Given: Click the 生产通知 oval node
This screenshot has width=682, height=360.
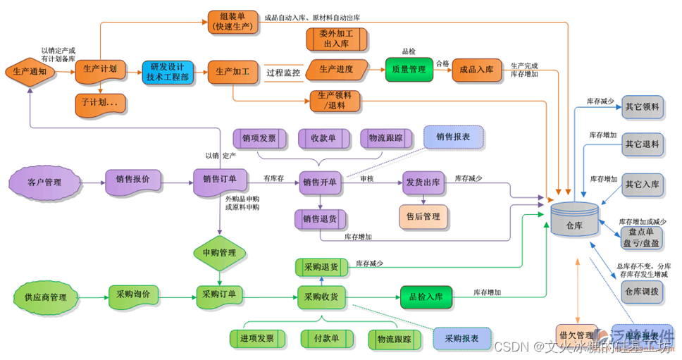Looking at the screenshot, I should coord(30,70).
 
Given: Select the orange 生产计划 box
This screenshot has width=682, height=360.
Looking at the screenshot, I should coord(100,69).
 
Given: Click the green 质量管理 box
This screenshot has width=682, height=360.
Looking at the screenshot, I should coord(409,70).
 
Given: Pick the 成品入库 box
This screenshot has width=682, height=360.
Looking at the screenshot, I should coord(477,70).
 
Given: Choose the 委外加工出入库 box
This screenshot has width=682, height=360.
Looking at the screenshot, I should coord(336,39).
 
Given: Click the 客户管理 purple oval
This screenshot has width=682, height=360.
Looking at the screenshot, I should coord(44,182).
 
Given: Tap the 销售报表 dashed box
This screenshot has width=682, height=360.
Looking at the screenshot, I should coord(453,137).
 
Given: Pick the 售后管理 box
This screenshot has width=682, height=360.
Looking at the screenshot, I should coord(423,217).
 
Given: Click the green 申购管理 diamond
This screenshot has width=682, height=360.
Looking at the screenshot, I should coord(219,252).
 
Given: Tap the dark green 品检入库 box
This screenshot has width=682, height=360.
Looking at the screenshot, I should coord(426,297).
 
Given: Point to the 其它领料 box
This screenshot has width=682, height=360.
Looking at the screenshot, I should coord(642,107).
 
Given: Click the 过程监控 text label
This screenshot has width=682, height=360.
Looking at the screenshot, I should coord(283,72).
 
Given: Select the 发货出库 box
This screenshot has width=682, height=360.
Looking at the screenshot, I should coord(423,182).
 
